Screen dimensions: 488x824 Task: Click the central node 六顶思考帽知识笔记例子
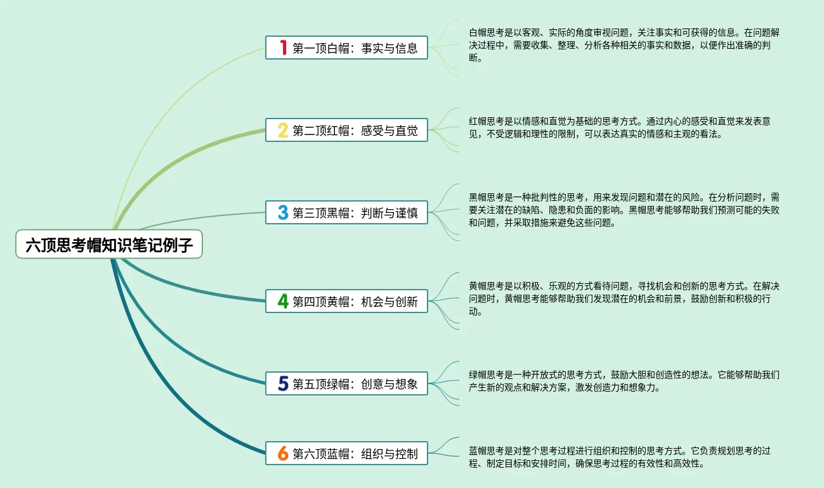pos(108,245)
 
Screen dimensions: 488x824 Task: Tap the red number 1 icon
pos(283,48)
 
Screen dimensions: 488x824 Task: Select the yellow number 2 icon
pos(283,130)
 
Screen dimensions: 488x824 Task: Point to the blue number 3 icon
pos(283,212)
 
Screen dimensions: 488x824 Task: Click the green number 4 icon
pos(283,301)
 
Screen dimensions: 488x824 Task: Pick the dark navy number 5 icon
pos(283,383)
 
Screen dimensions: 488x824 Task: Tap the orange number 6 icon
pos(283,453)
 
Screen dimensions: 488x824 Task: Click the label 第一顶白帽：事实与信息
pos(355,48)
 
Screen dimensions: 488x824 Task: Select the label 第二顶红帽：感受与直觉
pos(355,131)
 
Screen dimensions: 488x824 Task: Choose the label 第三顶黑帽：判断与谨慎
pos(355,213)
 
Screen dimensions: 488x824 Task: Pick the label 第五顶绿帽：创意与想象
pos(355,384)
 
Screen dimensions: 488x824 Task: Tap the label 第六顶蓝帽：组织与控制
pos(355,454)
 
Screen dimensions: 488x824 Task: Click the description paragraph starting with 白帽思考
pos(624,45)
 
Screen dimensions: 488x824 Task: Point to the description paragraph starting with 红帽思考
pos(619,127)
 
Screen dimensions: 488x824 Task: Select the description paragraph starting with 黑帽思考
pos(624,210)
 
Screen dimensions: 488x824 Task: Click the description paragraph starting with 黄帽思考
pos(624,299)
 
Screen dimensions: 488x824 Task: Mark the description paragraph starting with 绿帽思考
pos(624,381)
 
